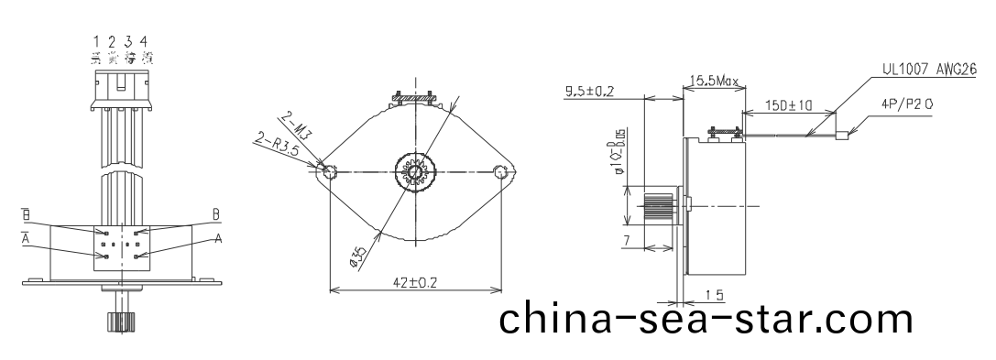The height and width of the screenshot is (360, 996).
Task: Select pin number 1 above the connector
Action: coord(97,41)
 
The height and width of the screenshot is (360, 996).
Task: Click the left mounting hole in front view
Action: coord(328,171)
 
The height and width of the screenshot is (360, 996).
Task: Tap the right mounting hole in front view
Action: coord(500,171)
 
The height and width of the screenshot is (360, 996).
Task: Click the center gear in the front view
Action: coord(414,171)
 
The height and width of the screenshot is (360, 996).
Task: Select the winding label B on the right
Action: coord(216,214)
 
